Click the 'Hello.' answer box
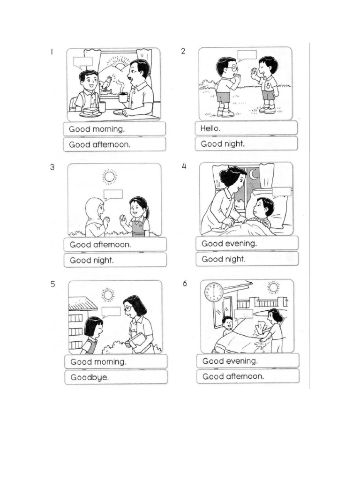click(246, 128)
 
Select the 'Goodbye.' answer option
click(115, 377)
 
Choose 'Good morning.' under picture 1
click(114, 129)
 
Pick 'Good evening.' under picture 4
click(247, 243)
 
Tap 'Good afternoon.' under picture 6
click(247, 376)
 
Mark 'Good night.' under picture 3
click(115, 260)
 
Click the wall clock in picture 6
click(214, 292)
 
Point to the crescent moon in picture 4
click(254, 174)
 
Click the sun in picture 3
click(110, 177)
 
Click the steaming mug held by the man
click(123, 97)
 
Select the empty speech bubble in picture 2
click(247, 55)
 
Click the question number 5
click(53, 284)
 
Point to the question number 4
click(184, 166)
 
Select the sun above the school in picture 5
click(108, 294)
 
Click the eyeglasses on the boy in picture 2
click(232, 68)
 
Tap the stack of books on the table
click(90, 112)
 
